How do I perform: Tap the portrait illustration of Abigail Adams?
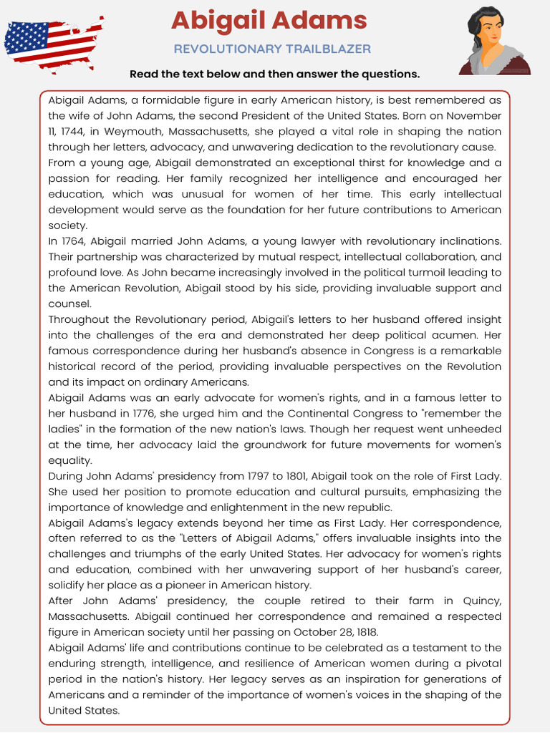coord(494,41)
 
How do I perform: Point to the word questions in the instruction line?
coord(392,74)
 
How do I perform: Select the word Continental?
coord(319,414)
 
